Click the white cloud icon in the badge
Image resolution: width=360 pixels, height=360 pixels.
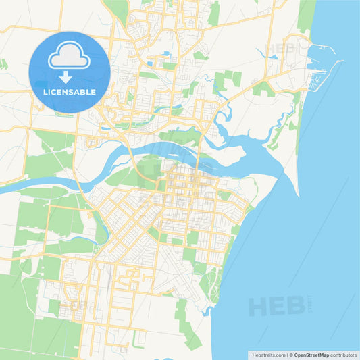coord(70,57)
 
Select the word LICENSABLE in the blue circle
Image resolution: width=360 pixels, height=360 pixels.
coord(70,92)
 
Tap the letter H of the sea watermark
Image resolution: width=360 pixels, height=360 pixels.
coord(259,306)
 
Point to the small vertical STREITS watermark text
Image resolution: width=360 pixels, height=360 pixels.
coord(310,300)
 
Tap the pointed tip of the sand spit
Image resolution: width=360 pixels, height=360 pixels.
coord(298,195)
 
